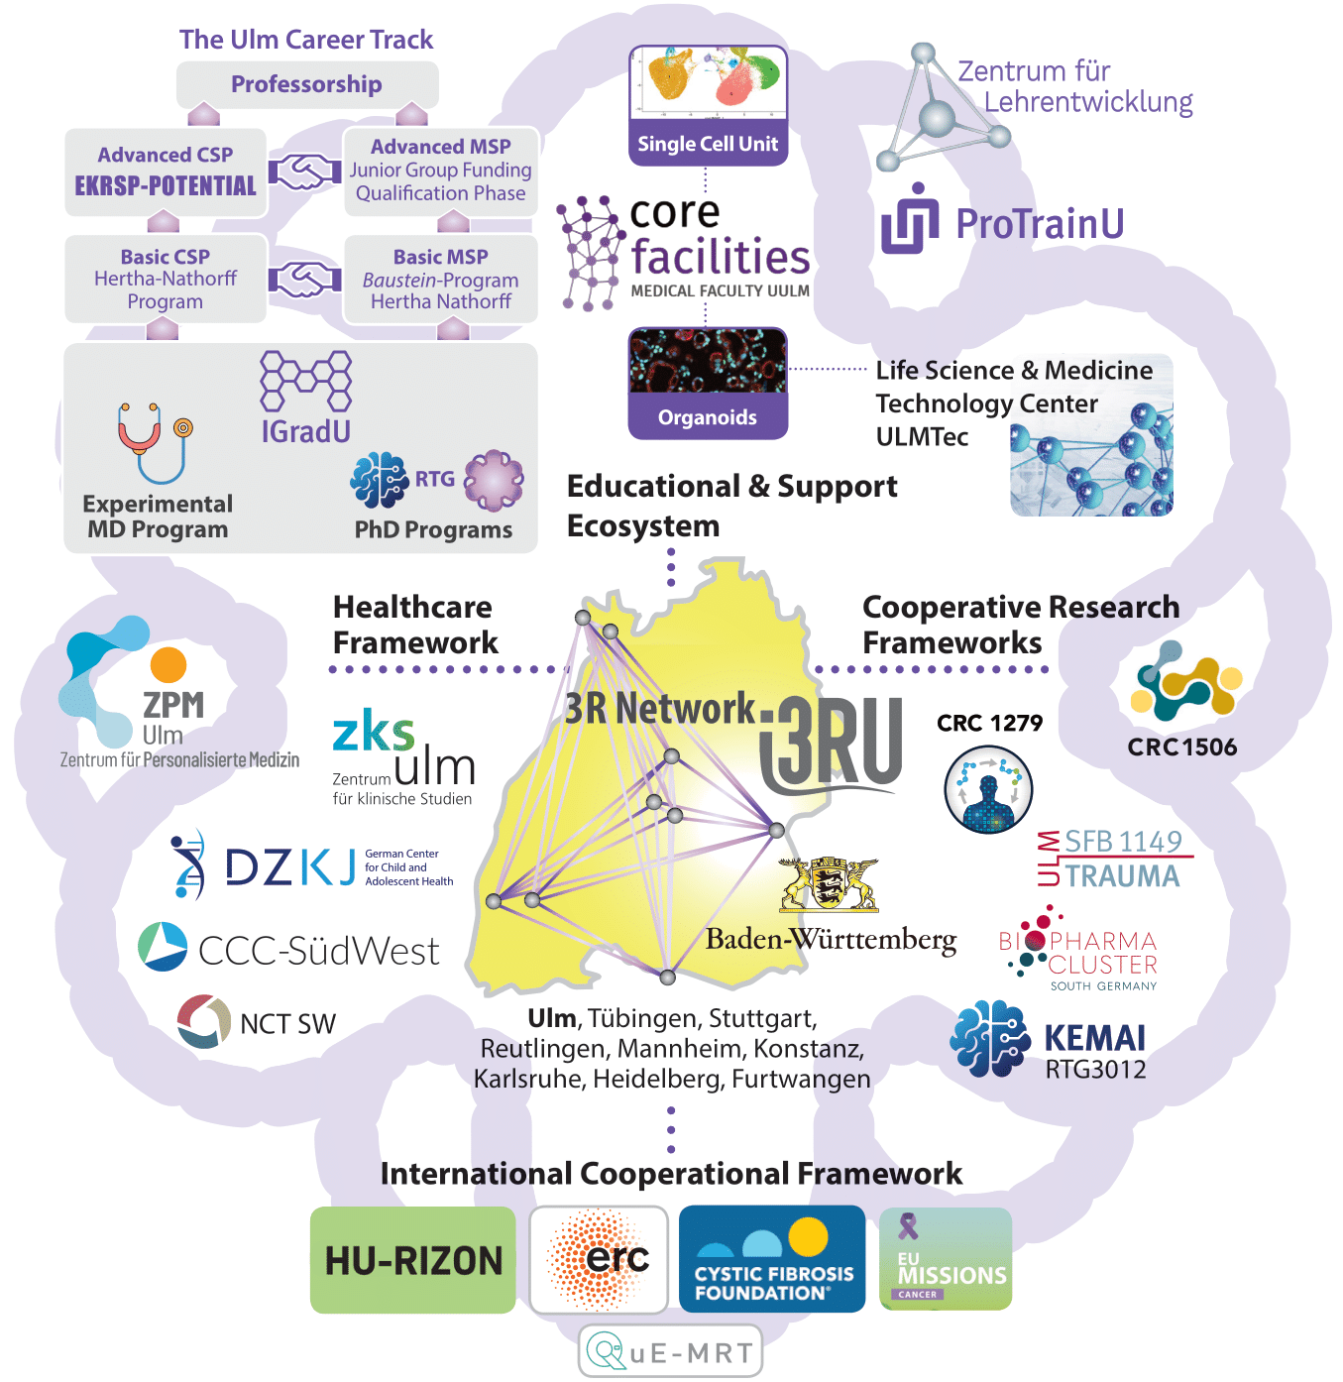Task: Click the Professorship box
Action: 306,85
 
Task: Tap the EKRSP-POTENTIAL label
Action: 166,186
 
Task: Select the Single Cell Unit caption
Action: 708,144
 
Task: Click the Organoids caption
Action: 708,417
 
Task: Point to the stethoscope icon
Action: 154,440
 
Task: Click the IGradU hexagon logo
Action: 305,381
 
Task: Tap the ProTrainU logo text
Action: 1039,224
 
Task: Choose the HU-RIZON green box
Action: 413,1260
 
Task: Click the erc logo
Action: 599,1259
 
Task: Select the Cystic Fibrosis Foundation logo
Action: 772,1259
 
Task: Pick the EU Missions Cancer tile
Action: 946,1259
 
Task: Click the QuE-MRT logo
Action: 671,1351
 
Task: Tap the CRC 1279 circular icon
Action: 988,790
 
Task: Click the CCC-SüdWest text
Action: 318,951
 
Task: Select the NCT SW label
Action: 287,1024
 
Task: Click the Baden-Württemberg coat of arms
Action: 829,884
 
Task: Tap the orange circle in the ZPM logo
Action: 168,665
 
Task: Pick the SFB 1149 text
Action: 1123,842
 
